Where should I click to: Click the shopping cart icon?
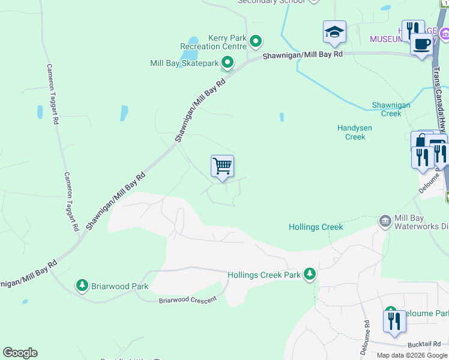coord(222,166)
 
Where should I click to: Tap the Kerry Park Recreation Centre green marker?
coord(256,41)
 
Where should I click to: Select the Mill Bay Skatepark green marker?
coord(228,62)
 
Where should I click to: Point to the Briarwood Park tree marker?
coord(82,286)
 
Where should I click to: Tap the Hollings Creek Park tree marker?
coord(310,275)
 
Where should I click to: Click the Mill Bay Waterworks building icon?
coord(384,221)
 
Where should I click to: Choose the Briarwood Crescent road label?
coord(187,299)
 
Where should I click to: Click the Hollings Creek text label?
coord(316,227)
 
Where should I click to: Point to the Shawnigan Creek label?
coord(391,109)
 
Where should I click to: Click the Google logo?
coord(20,353)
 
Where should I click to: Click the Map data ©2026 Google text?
coord(412,355)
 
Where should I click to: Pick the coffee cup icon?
coord(421,44)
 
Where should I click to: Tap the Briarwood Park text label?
coord(119,286)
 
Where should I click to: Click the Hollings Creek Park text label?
coord(264,275)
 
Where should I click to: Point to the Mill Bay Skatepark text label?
coord(184,63)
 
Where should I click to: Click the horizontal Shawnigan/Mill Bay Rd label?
coord(303,54)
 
